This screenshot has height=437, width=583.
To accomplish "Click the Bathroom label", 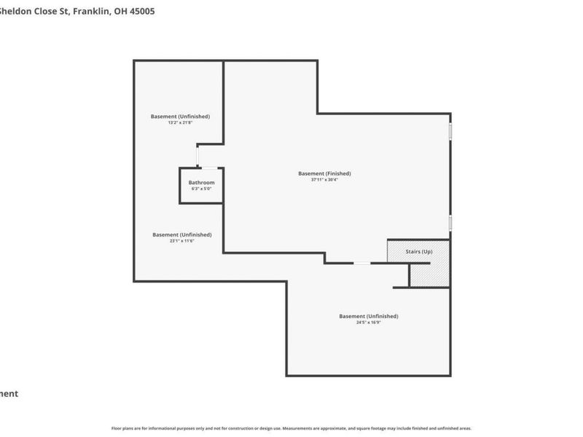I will [201, 182].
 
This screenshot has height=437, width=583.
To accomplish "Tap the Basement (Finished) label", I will [324, 173].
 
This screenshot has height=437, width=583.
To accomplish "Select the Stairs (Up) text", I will [419, 251].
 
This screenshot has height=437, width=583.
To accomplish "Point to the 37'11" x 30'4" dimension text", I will [324, 180].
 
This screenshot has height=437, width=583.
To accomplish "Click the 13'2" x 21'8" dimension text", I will [180, 123].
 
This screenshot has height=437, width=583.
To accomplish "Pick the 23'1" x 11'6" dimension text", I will [182, 241].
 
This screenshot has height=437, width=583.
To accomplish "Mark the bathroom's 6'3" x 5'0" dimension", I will [201, 189].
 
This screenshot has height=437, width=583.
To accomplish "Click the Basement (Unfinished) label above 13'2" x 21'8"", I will [180, 117].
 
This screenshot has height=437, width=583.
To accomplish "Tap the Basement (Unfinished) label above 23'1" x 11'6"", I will [182, 235].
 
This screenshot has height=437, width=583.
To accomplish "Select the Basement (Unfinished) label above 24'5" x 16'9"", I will [369, 316].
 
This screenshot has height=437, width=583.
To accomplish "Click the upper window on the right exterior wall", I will [450, 131].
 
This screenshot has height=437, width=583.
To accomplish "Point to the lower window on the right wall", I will [450, 222].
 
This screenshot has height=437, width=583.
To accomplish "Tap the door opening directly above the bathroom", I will [197, 156].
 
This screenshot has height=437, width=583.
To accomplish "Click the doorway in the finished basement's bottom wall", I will [361, 263].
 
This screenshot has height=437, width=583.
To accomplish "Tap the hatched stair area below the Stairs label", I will [430, 275].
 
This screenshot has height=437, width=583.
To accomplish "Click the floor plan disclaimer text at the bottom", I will [291, 428].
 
